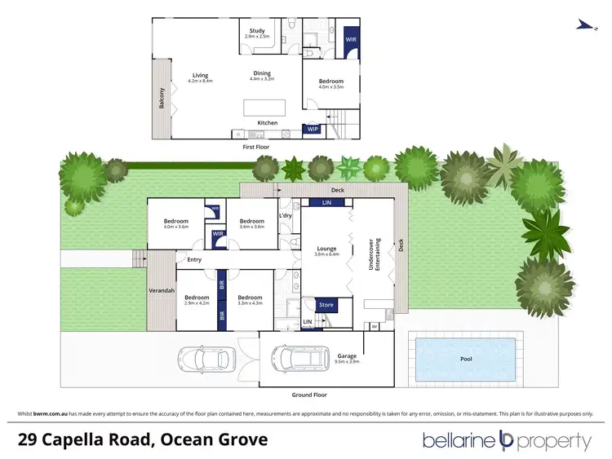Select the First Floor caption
point(256,147)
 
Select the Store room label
point(326,306)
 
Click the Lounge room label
point(326,249)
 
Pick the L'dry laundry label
point(286,215)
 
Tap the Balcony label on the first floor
point(162,98)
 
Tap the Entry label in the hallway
point(194,260)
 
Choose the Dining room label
point(261,73)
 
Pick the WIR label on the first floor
point(351,38)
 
